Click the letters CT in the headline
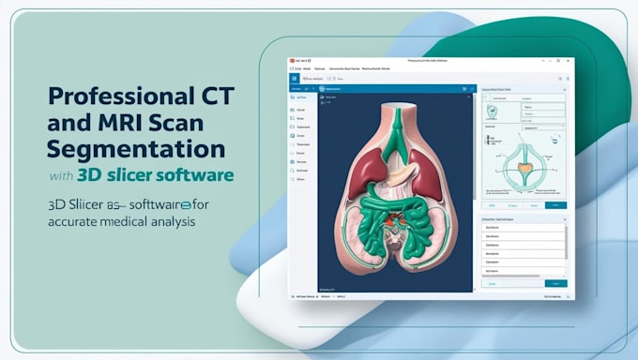(x=204, y=96)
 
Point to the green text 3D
(x=91, y=175)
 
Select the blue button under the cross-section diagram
(x=555, y=204)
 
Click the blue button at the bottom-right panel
(x=555, y=282)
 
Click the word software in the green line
(x=199, y=175)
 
